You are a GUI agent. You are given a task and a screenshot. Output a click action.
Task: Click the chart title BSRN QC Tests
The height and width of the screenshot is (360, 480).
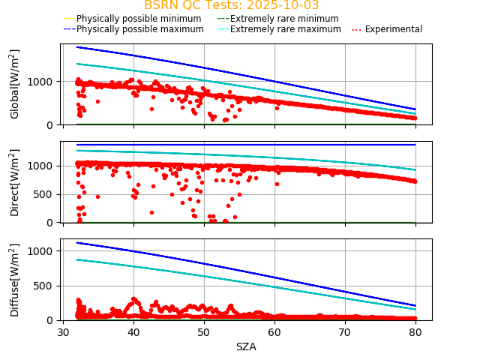[x=231, y=6]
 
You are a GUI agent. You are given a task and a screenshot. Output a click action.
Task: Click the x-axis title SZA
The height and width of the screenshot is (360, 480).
[x=246, y=346]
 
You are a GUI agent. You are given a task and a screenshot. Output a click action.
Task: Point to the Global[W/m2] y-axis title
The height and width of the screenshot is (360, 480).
[x=15, y=84]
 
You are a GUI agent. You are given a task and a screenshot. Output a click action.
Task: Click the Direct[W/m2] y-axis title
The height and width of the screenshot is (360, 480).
[x=15, y=182]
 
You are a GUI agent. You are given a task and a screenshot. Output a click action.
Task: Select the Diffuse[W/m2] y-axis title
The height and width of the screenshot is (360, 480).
[x=15, y=280]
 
